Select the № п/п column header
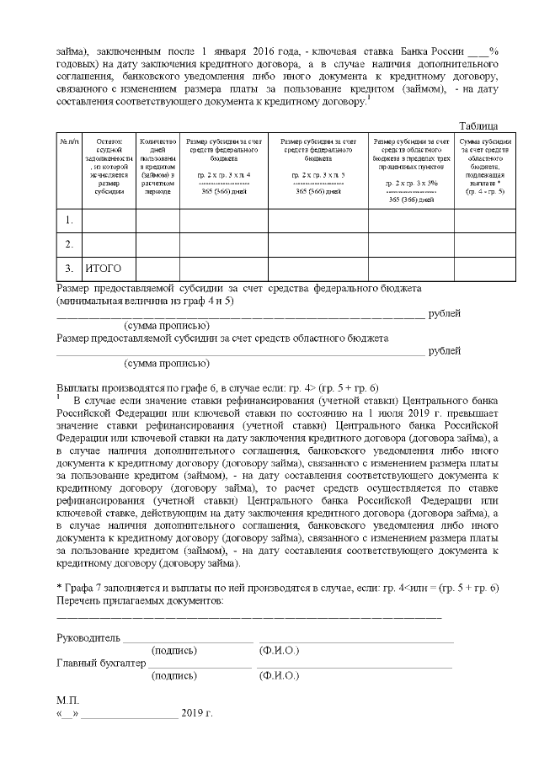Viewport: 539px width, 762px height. click(67, 141)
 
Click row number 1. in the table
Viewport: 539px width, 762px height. click(68, 221)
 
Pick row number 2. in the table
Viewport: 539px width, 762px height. click(68, 244)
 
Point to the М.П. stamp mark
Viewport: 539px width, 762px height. click(68, 701)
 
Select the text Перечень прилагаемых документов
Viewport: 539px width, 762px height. click(140, 601)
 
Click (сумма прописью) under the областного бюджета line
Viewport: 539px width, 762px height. click(166, 364)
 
